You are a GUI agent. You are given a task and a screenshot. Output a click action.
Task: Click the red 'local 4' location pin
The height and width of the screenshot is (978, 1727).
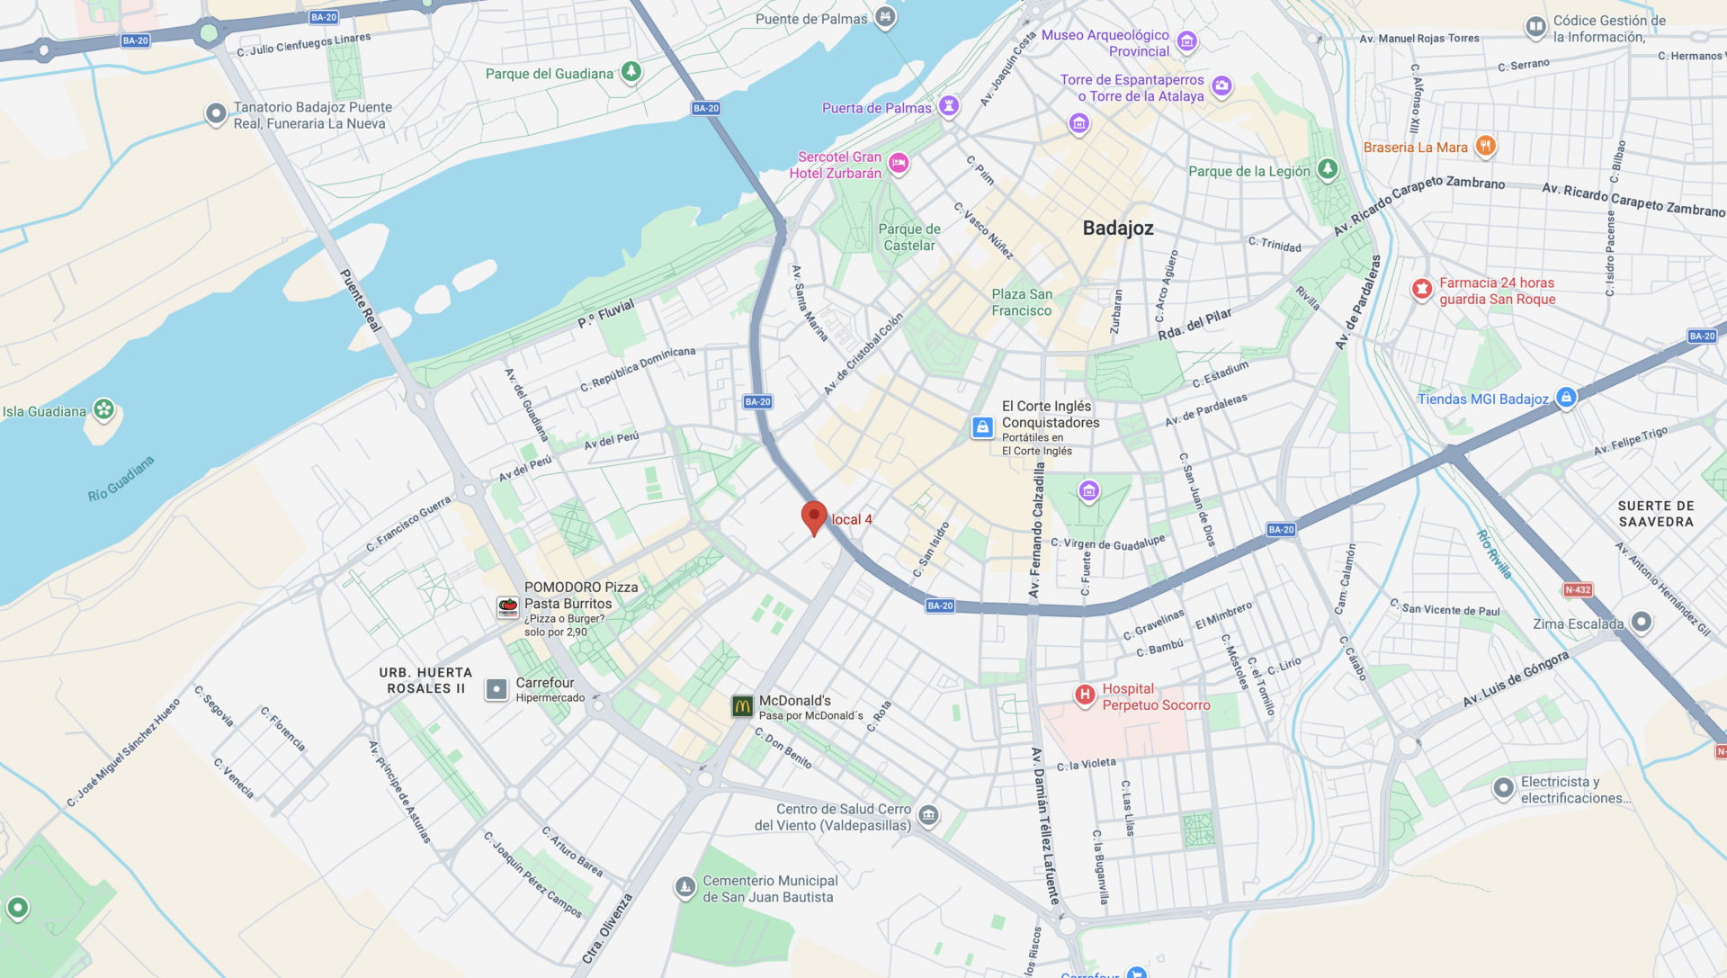pos(814,517)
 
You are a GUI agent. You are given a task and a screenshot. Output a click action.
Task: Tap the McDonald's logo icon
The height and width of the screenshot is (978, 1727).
pos(742,706)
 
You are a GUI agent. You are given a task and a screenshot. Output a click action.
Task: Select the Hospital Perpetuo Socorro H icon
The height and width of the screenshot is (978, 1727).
pos(1085,695)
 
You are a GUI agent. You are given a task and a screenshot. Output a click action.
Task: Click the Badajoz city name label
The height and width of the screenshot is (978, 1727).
pos(1118,229)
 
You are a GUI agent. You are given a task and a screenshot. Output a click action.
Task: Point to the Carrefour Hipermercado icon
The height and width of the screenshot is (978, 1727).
pos(497,689)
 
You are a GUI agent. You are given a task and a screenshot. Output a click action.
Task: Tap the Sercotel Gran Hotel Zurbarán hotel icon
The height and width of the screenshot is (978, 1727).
pos(899,163)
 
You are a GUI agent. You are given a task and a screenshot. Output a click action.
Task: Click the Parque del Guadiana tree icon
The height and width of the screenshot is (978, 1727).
pos(631,71)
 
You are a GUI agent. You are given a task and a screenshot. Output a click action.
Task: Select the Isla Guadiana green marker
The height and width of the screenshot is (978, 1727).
pos(104,410)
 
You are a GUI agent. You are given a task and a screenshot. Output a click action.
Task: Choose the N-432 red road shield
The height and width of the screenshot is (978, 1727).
pos(1578,590)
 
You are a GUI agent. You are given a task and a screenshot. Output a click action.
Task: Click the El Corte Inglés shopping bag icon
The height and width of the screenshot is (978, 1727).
pos(982,426)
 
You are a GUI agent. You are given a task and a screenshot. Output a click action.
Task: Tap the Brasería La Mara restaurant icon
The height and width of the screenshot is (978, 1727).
pos(1485,146)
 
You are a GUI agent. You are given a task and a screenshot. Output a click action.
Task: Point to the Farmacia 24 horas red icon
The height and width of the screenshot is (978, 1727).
pos(1422,289)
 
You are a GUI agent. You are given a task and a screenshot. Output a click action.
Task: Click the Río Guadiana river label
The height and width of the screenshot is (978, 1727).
pos(121,479)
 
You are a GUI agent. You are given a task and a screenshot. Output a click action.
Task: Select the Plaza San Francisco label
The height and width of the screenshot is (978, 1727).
pos(1022,302)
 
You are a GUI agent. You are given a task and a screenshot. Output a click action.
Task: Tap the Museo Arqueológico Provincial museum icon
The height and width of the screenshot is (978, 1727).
pos(1186,40)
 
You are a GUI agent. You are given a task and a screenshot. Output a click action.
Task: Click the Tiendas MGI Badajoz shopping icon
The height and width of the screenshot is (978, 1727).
pos(1566,397)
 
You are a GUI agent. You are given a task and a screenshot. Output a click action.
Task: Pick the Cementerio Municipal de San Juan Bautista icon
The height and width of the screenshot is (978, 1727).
pos(685,887)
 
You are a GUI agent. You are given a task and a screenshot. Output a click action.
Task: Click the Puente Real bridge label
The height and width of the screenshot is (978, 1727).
pos(360,300)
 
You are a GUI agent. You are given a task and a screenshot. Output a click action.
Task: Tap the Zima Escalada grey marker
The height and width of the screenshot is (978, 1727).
pos(1641,622)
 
